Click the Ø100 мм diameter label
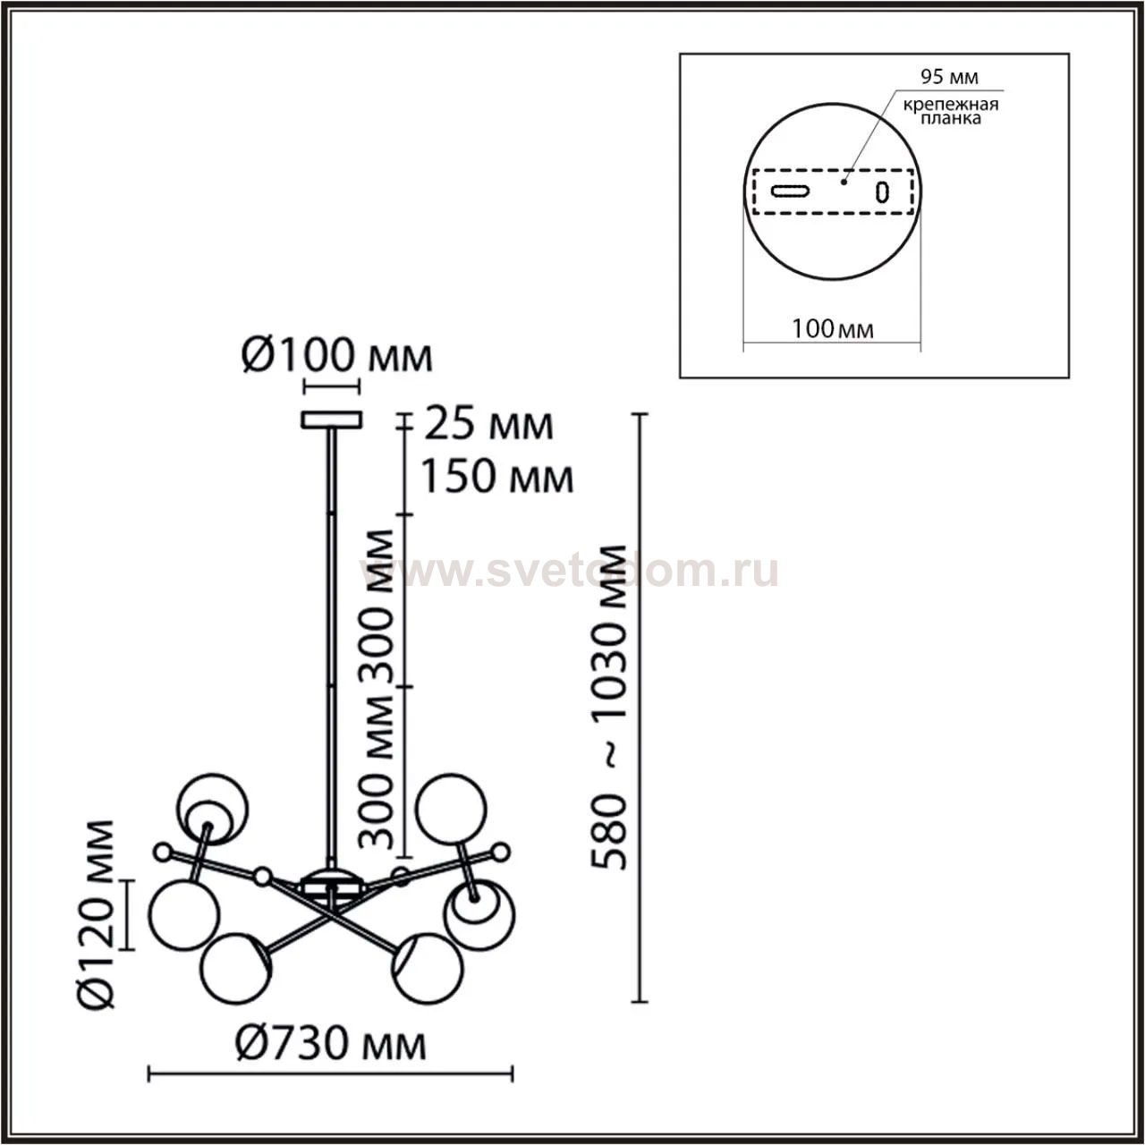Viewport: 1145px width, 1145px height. coord(337,356)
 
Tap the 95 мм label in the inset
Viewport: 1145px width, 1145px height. coord(949,77)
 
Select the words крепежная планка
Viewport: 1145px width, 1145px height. coord(951,112)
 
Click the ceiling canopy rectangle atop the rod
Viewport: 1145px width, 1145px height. coord(331,420)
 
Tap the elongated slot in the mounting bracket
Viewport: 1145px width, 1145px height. coord(790,191)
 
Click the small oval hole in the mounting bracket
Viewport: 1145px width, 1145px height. coord(882,192)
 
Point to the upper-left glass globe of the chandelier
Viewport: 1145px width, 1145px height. coord(212,809)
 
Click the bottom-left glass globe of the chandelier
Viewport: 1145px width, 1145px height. coord(236,969)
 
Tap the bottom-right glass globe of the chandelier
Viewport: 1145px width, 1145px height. coord(427,969)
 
